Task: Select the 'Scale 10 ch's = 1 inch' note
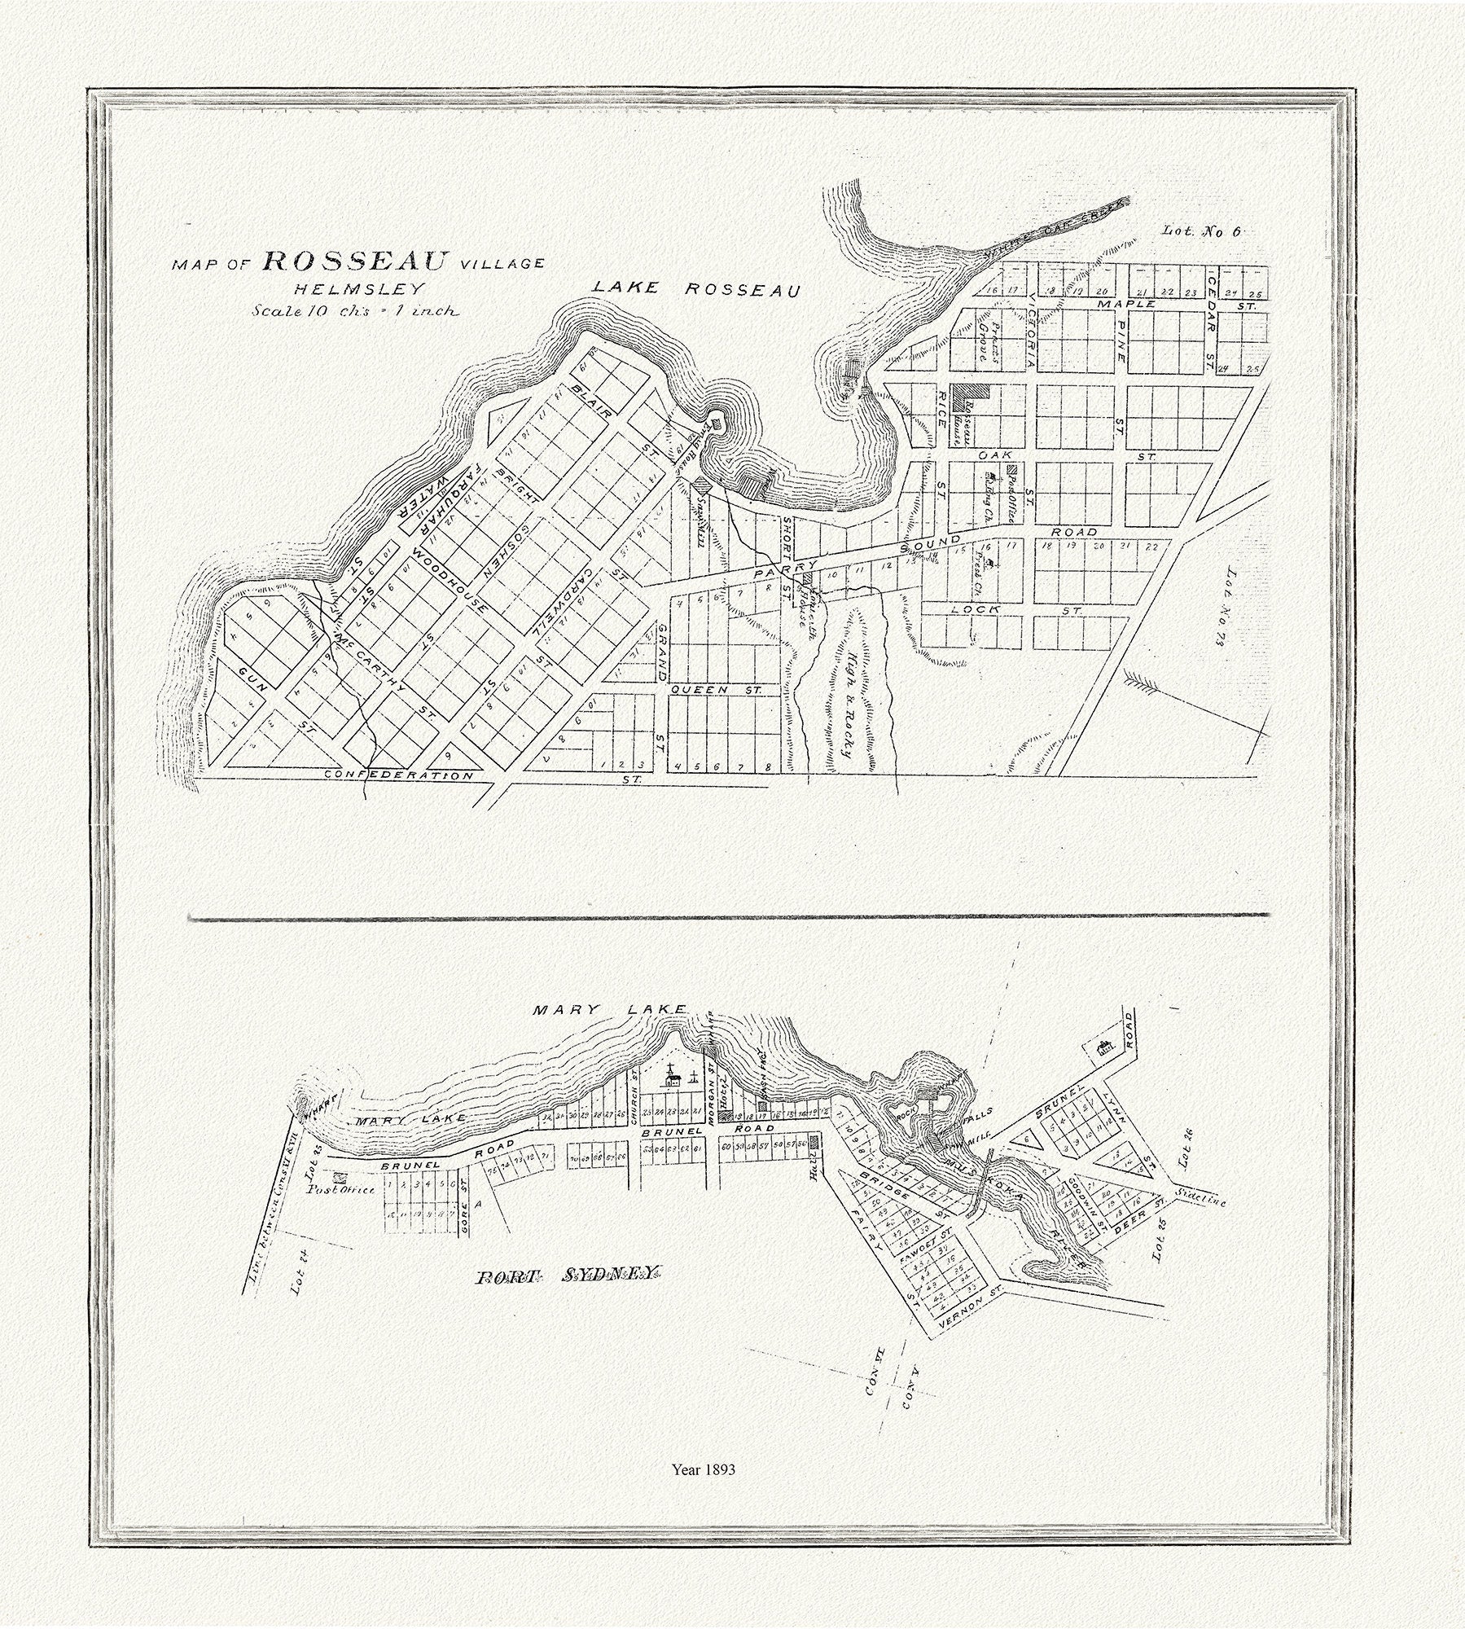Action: (x=355, y=310)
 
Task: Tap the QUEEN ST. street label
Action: (x=715, y=690)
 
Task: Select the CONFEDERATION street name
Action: (x=398, y=775)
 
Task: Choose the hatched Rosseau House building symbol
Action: (x=973, y=392)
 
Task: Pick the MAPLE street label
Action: (x=1125, y=304)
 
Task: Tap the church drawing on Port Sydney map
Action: (x=672, y=1080)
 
